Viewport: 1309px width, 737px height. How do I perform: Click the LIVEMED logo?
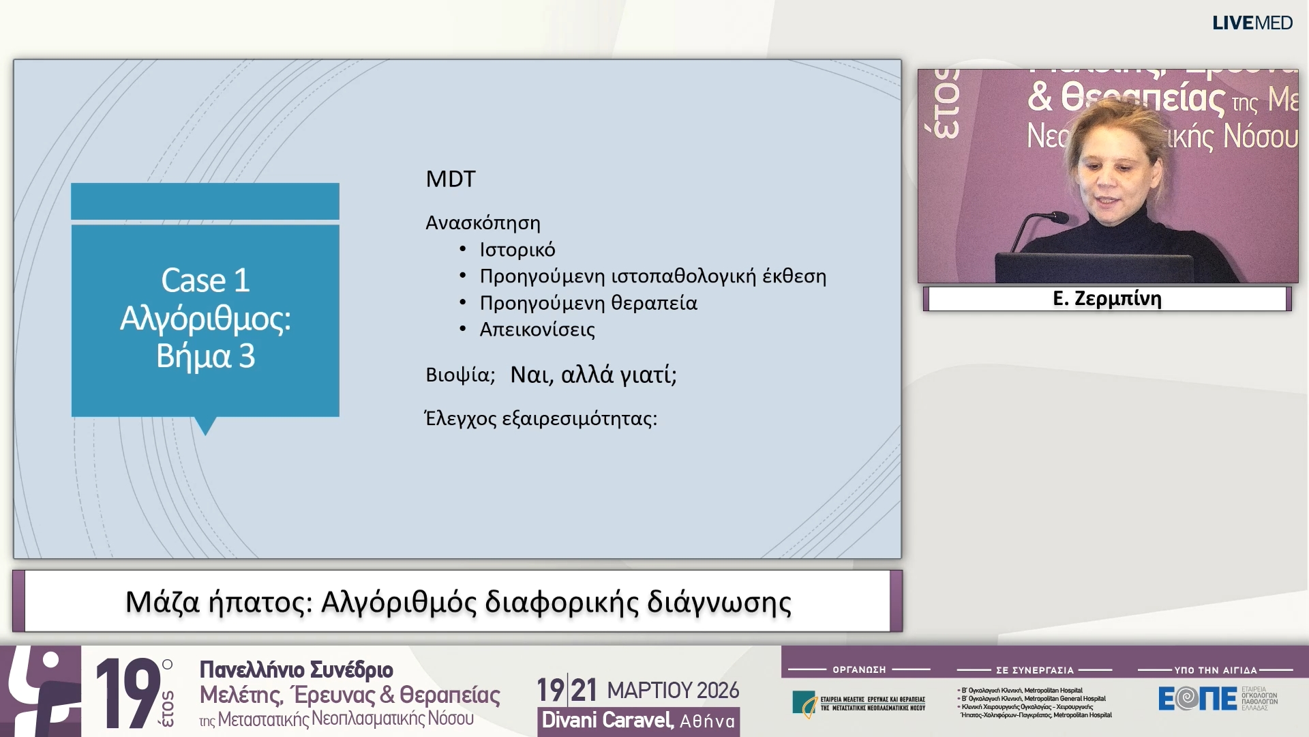coord(1252,23)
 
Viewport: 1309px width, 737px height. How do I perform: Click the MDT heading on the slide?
coord(450,179)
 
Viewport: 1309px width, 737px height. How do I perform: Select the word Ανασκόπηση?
coord(483,223)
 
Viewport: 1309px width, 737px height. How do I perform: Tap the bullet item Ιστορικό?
coord(517,250)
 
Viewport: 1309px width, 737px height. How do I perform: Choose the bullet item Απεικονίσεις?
coord(537,330)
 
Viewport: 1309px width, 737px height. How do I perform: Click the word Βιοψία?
coord(460,375)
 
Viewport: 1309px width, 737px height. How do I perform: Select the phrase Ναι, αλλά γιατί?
coord(593,375)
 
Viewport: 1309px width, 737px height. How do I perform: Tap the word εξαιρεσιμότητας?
coord(579,418)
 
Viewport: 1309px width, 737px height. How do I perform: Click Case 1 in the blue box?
coord(205,280)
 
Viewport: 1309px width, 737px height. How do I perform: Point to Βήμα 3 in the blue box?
coord(205,356)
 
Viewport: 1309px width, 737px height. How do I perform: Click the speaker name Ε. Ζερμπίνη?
coord(1107,299)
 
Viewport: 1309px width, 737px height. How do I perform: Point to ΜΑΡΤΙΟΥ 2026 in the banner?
coord(672,691)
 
